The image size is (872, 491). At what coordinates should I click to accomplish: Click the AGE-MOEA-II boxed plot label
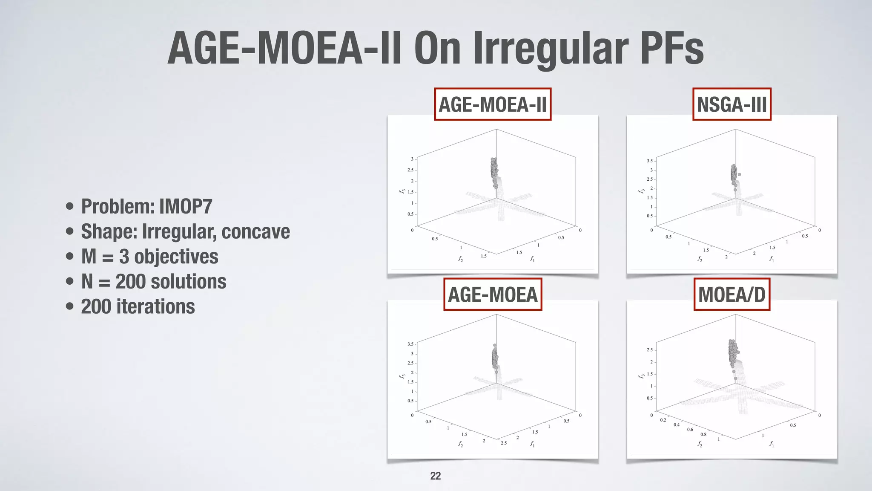pos(493,104)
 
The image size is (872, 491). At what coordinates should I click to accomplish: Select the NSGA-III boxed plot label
pos(731,104)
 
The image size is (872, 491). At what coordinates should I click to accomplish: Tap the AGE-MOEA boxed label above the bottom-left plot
pos(493,295)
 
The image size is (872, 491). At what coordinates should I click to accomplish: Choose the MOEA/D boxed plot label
pos(731,295)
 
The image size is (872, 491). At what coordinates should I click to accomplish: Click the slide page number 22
pos(435,476)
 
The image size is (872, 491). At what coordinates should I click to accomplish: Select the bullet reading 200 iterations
pos(138,307)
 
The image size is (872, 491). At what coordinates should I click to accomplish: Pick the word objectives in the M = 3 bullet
pos(176,257)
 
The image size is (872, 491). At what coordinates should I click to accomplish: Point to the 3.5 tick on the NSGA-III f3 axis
pos(649,161)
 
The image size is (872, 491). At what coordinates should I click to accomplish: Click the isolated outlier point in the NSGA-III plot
pos(739,174)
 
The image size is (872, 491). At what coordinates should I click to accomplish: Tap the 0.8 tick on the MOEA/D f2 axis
pos(703,435)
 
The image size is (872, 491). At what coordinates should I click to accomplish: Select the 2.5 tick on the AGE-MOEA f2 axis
pos(504,443)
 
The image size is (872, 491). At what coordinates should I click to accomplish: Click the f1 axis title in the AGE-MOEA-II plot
pos(532,259)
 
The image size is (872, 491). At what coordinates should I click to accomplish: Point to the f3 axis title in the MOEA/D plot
pos(641,376)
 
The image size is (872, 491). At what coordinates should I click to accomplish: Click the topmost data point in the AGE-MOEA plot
pos(495,345)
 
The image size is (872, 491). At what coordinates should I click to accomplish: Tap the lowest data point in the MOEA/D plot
pos(735,378)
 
